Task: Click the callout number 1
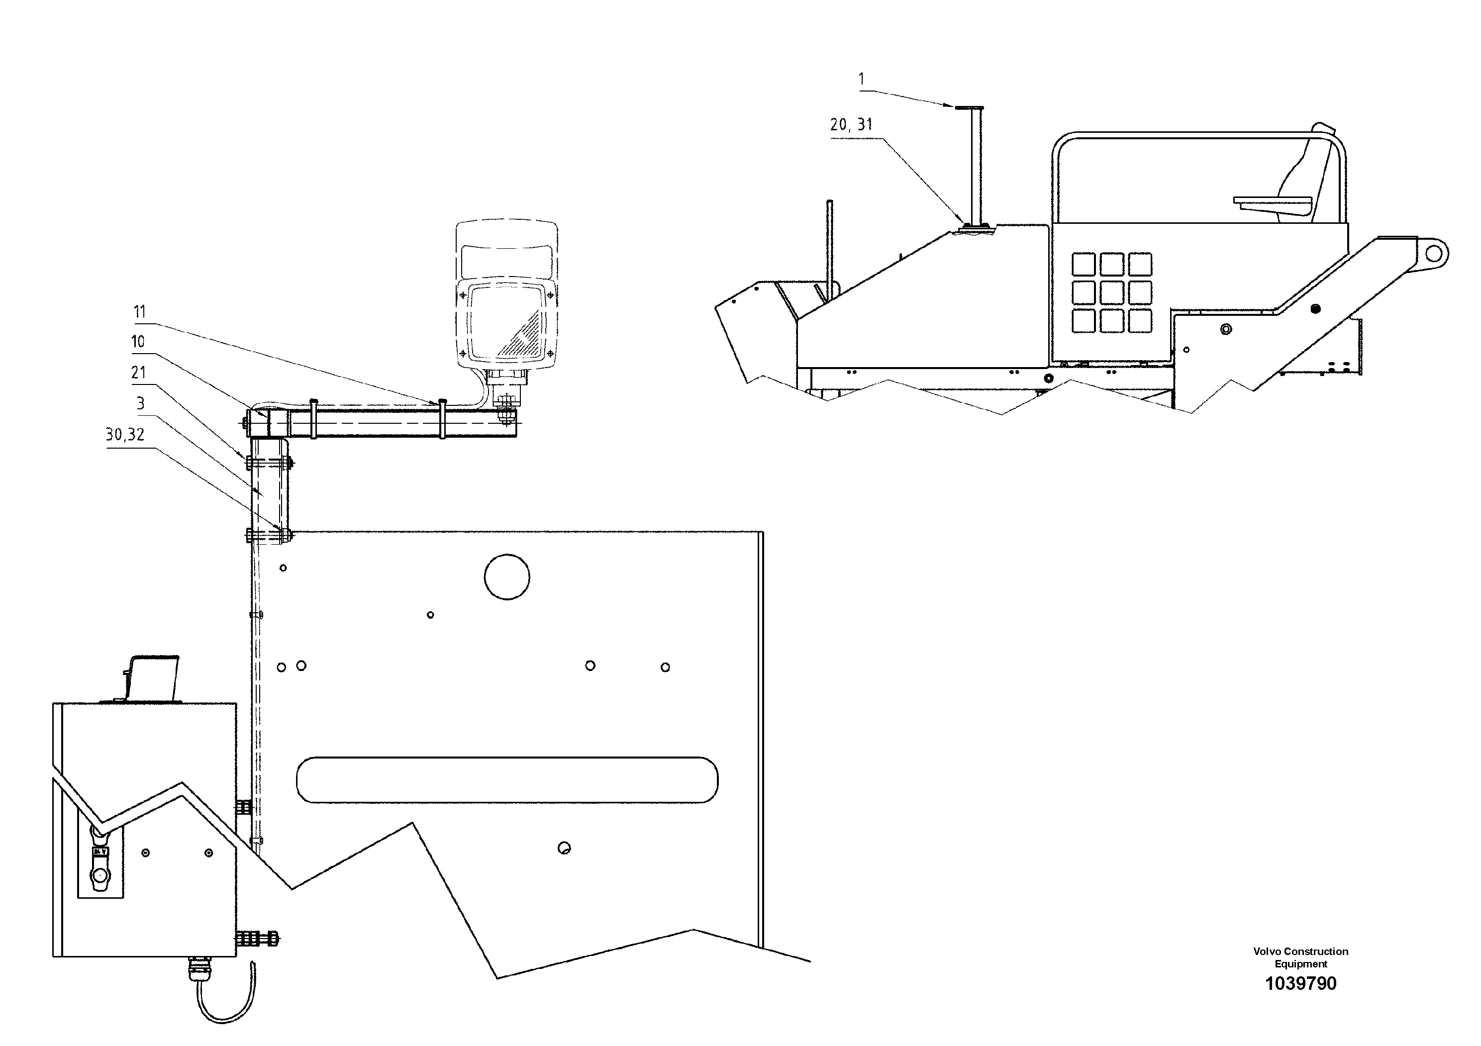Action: [x=862, y=79]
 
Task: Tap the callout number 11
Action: [x=140, y=312]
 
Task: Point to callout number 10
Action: [x=138, y=342]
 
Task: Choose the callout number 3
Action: [x=141, y=404]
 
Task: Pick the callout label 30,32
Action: [x=125, y=435]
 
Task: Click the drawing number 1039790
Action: [x=1300, y=983]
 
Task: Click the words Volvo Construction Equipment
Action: [x=1300, y=957]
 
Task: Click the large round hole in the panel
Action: [x=507, y=576]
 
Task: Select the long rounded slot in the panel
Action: [x=507, y=780]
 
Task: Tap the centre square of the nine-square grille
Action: [x=1112, y=293]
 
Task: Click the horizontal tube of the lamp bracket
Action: [x=400, y=424]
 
